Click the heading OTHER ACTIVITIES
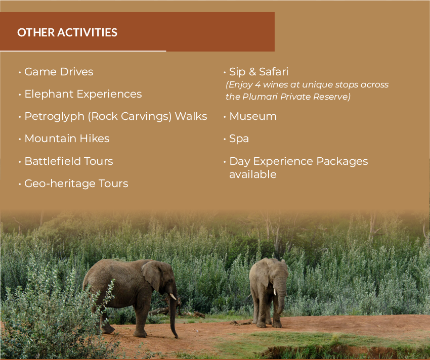pos(67,32)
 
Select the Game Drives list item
pos(59,72)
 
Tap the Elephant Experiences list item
pos(83,94)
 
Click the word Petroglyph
pos(55,116)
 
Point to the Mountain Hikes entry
pos(67,139)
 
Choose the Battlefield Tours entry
pos(69,161)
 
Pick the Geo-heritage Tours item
pos(76,184)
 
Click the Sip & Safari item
pos(259,72)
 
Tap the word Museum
pos(253,116)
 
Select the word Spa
pos(239,139)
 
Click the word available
pos(253,174)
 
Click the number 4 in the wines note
pos(257,84)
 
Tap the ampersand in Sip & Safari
pos(252,72)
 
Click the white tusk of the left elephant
pos(173,296)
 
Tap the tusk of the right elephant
pos(275,292)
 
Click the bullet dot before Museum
pos(225,117)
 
